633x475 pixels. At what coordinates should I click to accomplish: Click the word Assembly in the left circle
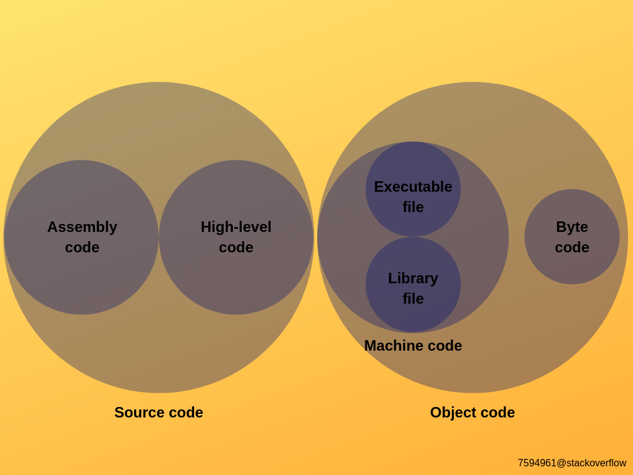pos(82,227)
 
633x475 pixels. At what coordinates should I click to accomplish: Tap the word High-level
pos(236,227)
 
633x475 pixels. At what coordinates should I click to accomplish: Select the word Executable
pos(413,187)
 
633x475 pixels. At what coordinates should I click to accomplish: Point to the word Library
pos(413,278)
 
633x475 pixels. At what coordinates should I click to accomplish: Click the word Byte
pos(572,227)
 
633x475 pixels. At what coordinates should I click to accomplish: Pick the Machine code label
pos(413,346)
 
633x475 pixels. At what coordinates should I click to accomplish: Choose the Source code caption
pos(159,413)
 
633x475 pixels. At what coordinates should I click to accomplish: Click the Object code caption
pos(472,413)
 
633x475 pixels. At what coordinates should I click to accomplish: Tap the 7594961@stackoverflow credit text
pos(572,463)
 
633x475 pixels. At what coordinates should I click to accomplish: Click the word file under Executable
pos(413,207)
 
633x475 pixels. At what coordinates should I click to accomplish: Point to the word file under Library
pos(413,299)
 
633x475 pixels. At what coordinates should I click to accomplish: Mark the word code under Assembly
pos(82,247)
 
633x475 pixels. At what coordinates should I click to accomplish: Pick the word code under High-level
pos(236,247)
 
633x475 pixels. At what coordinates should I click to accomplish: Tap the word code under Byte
pos(572,247)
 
